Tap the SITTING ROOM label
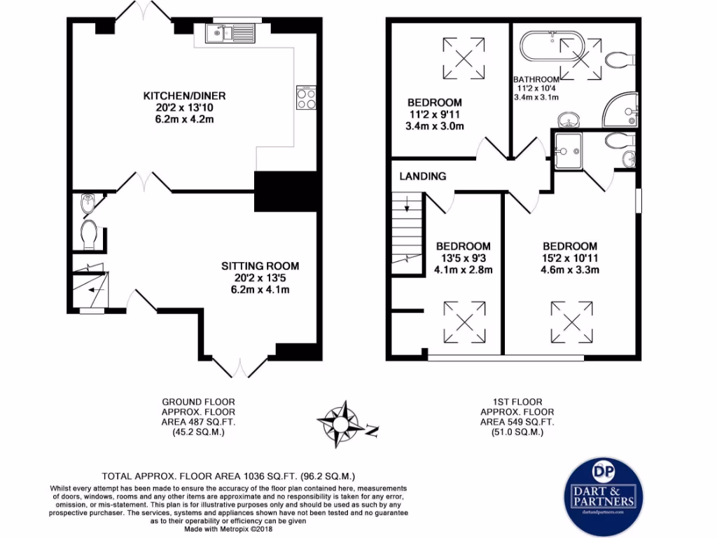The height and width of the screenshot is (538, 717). point(260,266)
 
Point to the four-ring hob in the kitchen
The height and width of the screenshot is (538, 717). point(306,98)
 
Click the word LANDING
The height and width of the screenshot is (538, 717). point(422,176)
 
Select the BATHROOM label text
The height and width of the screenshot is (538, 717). point(536,79)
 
